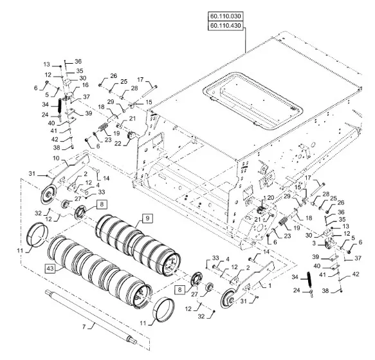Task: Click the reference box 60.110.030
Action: tap(226, 16)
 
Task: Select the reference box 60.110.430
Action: tap(226, 25)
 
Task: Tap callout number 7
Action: tap(84, 327)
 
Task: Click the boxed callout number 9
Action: tap(147, 218)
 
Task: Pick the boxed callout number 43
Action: tap(50, 269)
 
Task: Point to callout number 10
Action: tap(56, 158)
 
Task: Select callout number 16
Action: tap(85, 85)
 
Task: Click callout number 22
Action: tap(118, 143)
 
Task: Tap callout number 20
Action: tap(271, 198)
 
